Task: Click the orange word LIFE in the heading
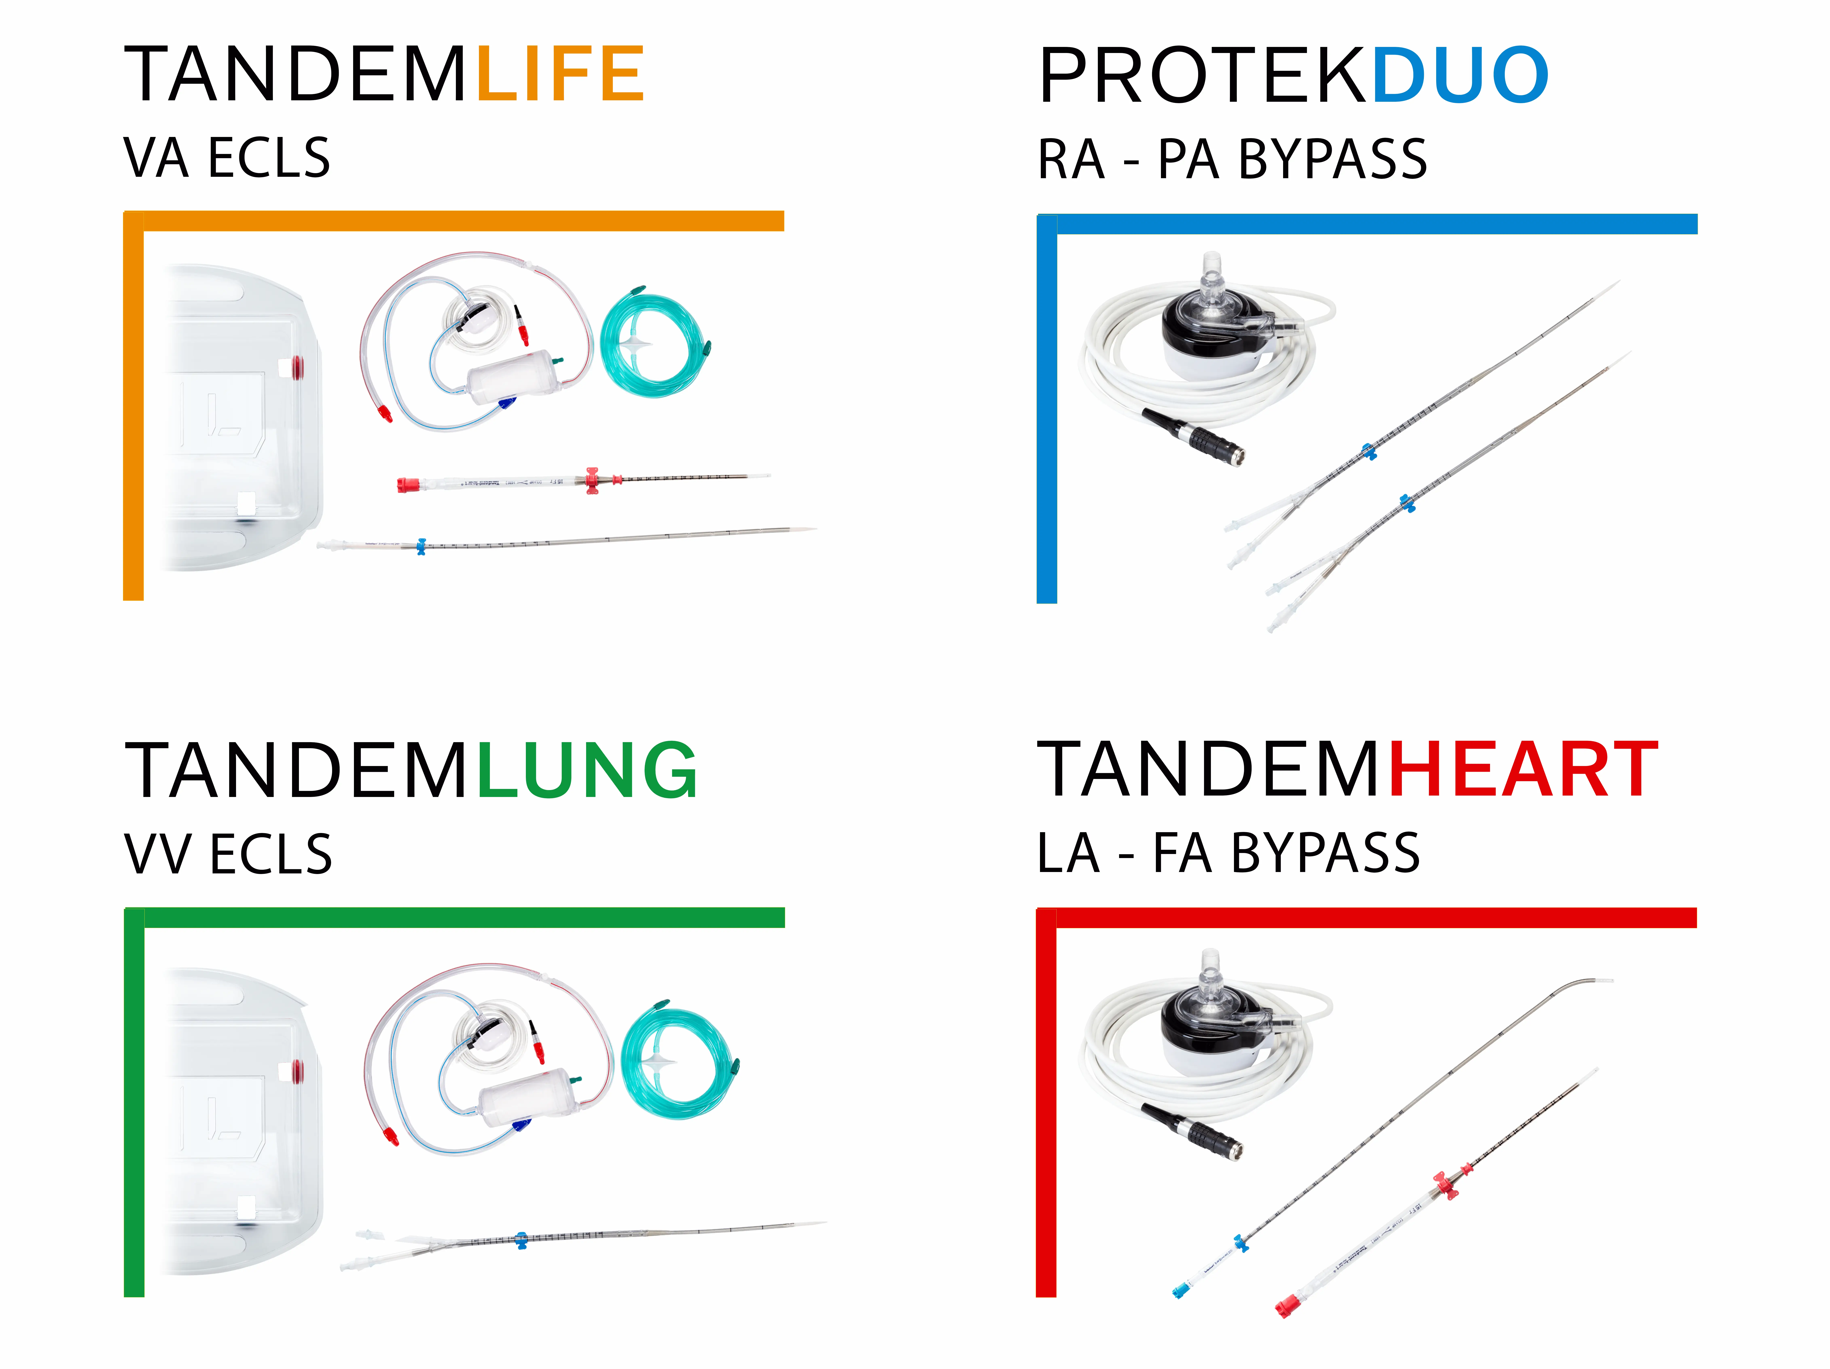click(560, 74)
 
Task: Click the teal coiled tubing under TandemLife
click(653, 343)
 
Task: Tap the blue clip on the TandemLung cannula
click(520, 1239)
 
